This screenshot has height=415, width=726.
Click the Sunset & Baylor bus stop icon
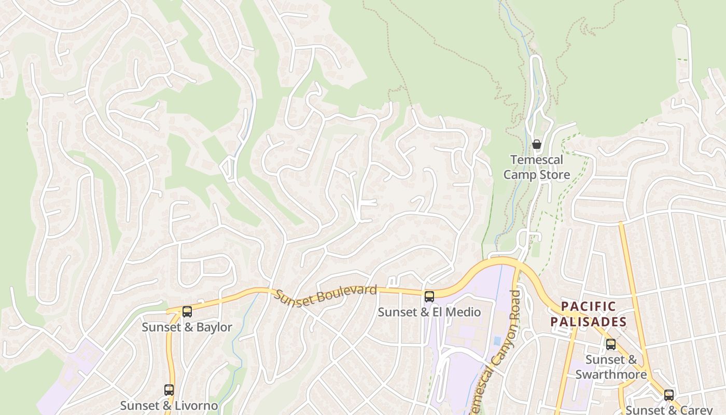tap(187, 312)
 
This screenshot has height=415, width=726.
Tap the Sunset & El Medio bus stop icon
tap(429, 297)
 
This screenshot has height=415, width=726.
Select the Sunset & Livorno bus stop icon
tap(169, 390)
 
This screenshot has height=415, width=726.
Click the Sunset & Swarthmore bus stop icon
tap(611, 344)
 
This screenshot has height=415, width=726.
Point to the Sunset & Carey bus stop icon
tap(669, 395)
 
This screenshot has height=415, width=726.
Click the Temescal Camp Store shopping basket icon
tap(537, 144)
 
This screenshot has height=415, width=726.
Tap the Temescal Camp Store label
tap(537, 167)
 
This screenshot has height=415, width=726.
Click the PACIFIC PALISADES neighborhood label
tap(589, 314)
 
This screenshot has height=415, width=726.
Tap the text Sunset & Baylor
tap(187, 327)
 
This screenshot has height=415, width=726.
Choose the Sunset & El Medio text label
tap(429, 312)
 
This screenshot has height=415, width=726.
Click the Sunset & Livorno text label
tap(169, 406)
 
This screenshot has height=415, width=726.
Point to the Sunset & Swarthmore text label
tap(611, 367)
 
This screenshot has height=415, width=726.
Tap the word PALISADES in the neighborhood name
tap(589, 322)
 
